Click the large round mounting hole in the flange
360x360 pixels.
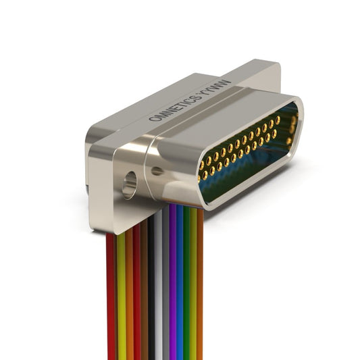(130, 185)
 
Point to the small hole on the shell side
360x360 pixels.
(157, 171)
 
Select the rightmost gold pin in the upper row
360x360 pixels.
(278, 120)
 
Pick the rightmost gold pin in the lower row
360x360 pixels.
(274, 133)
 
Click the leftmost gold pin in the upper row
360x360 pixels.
(202, 165)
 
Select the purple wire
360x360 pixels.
(173, 282)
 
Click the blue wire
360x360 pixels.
(180, 282)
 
